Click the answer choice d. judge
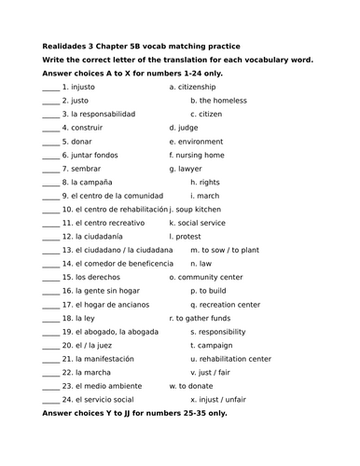[186, 128]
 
